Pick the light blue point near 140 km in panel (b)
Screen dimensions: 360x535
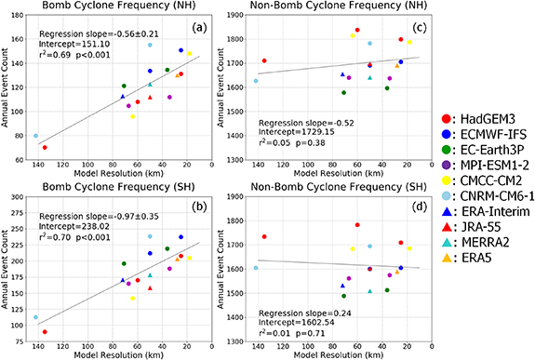pyautogui.click(x=36, y=317)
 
